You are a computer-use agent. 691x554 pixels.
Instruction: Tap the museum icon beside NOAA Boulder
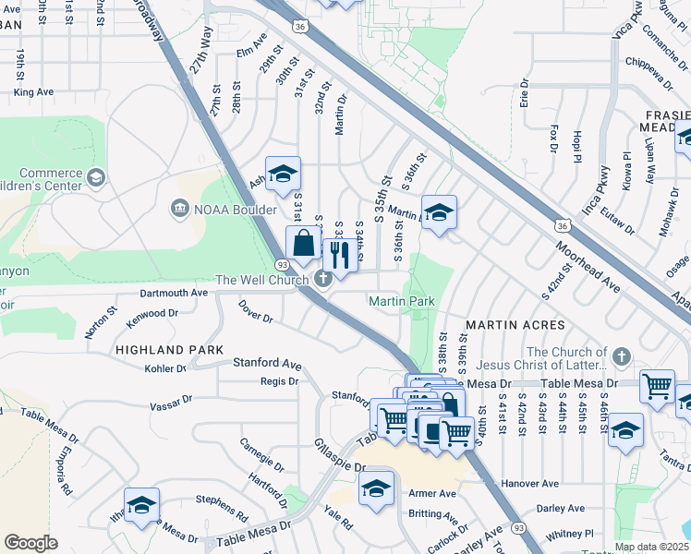[180, 210]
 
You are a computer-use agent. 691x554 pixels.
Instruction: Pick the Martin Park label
[402, 302]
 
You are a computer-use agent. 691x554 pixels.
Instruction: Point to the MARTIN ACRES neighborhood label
[514, 326]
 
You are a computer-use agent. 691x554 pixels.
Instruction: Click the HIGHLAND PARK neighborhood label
[169, 350]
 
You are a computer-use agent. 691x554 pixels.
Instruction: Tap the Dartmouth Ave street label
[173, 293]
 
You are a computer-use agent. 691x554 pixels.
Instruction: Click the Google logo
[30, 543]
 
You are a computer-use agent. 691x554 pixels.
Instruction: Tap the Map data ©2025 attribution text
[651, 547]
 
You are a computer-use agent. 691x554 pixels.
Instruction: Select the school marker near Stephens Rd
[142, 504]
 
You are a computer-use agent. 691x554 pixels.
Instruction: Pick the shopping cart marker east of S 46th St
[657, 385]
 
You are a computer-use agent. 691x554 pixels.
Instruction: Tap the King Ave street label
[34, 92]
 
